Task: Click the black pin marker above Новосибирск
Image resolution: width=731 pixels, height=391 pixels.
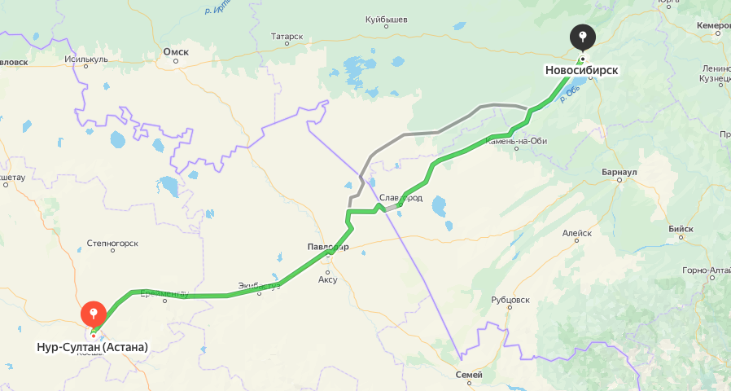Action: (582, 37)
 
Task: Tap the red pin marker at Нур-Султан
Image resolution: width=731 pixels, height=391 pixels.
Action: (94, 313)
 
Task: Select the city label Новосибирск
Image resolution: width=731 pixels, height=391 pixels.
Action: (581, 71)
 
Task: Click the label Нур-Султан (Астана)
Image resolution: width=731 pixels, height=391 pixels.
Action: (93, 347)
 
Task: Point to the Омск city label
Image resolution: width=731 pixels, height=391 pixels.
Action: (176, 52)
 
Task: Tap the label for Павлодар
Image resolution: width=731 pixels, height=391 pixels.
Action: (328, 247)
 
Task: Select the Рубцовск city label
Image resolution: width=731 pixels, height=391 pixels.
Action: (510, 300)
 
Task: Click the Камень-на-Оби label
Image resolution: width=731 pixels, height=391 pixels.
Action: (516, 141)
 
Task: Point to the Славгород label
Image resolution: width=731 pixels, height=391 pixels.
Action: (401, 198)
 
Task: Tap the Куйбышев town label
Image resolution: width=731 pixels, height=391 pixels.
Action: (386, 19)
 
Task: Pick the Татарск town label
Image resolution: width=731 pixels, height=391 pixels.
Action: (287, 37)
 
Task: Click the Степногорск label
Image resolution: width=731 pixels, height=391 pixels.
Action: (112, 243)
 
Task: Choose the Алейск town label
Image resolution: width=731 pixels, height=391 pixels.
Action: (577, 233)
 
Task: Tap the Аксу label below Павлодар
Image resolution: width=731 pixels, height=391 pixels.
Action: (327, 279)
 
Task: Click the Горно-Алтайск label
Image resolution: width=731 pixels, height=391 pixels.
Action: (706, 270)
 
